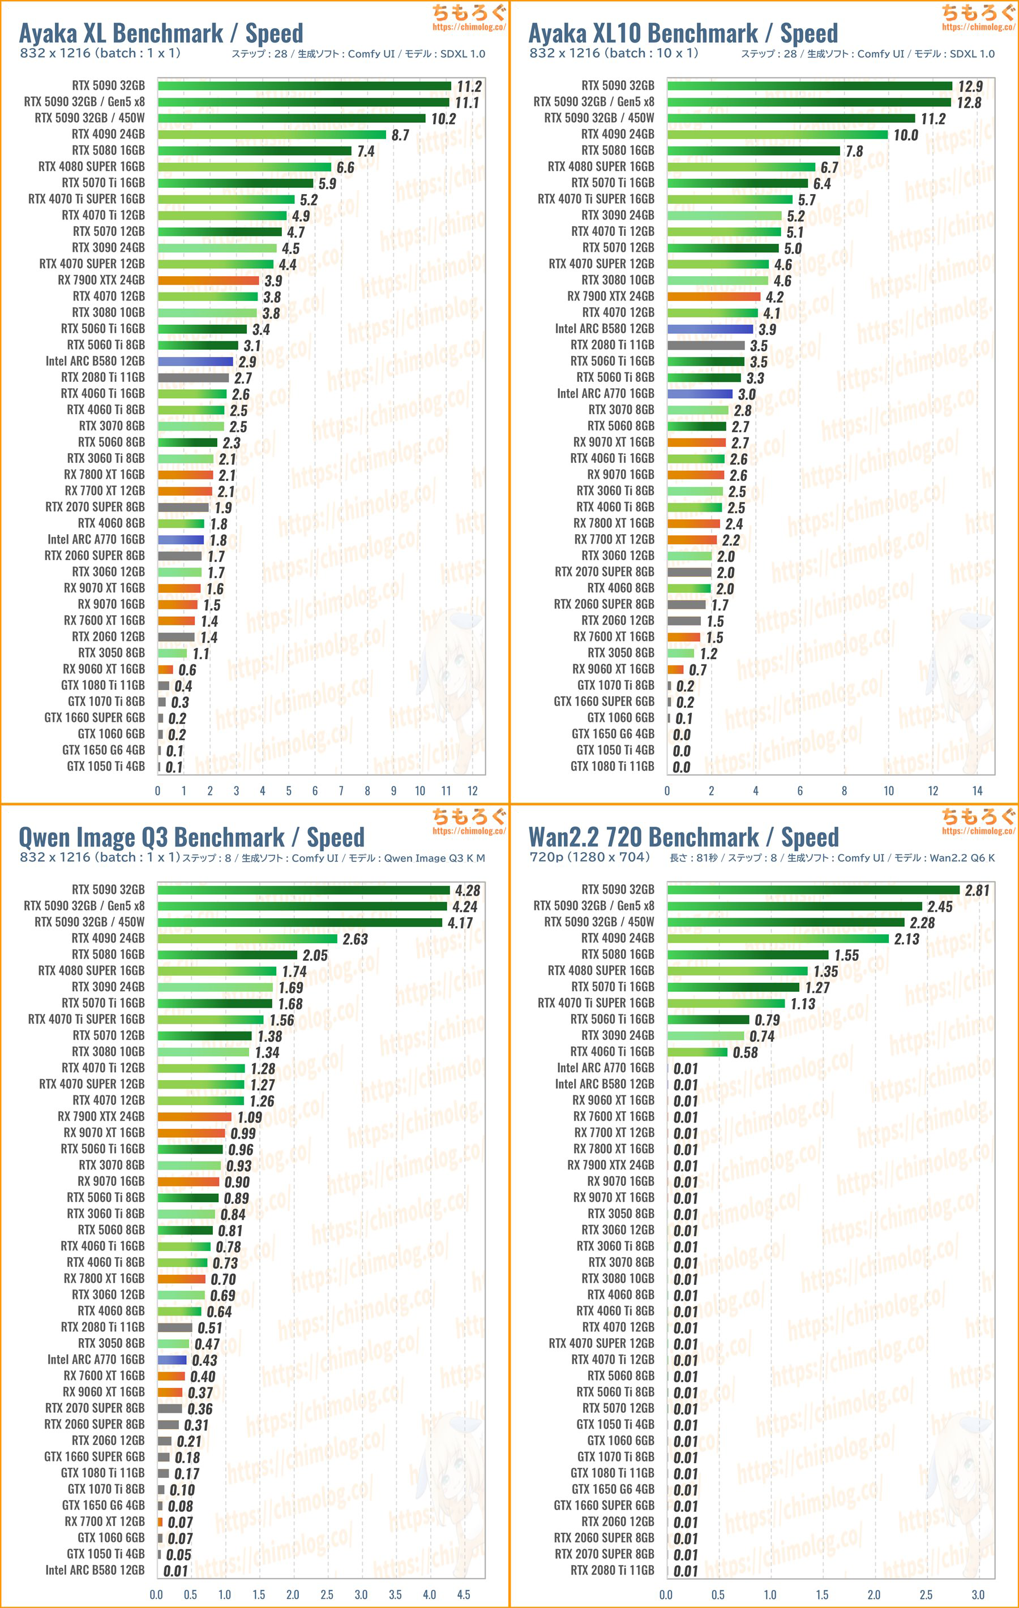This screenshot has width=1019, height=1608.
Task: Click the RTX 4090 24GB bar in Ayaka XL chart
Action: click(x=272, y=134)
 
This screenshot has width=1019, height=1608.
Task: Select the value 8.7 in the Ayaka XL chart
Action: click(x=400, y=135)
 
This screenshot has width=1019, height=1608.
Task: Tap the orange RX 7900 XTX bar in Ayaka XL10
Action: click(x=714, y=296)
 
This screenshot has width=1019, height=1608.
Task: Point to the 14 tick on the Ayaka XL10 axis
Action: click(x=977, y=790)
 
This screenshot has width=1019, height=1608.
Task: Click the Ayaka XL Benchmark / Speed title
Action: click(x=161, y=33)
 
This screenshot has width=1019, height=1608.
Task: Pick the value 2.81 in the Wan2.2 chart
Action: click(x=977, y=890)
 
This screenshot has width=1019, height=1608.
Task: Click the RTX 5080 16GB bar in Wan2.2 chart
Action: click(x=748, y=955)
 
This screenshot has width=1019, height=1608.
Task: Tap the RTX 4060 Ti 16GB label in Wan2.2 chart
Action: click(x=612, y=1052)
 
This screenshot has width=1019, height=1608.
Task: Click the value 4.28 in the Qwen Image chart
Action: click(x=467, y=890)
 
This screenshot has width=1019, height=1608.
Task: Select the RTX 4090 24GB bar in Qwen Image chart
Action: click(x=247, y=938)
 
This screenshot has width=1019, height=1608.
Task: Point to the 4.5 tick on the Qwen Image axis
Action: click(x=463, y=1594)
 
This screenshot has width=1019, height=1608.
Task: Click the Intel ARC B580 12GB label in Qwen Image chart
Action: click(x=95, y=1570)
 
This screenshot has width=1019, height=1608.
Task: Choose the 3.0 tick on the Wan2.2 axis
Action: click(x=977, y=1594)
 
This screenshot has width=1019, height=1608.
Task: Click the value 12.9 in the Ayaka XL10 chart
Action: click(x=970, y=86)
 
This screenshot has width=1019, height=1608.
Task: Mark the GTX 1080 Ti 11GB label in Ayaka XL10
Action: click(x=612, y=766)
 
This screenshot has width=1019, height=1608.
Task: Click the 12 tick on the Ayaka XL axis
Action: click(x=472, y=790)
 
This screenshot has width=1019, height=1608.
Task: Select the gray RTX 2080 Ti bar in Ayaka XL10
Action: click(x=705, y=345)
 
